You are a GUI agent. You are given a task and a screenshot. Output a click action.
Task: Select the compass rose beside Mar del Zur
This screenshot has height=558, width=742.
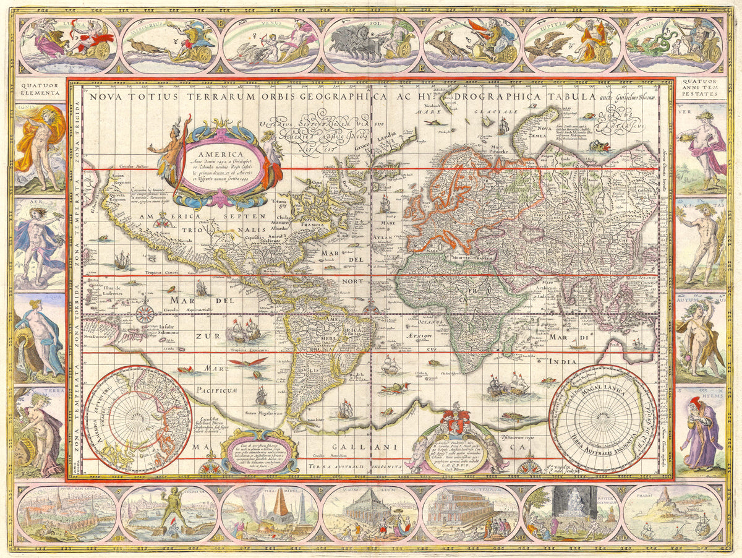(x=145, y=312)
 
